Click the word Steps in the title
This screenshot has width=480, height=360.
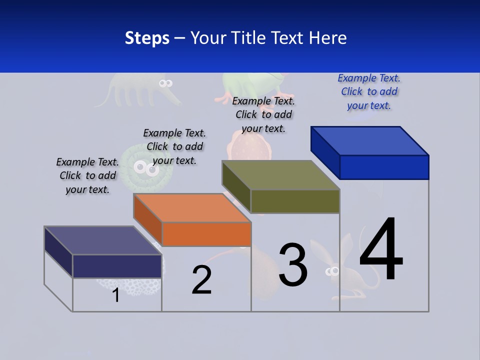[x=147, y=38]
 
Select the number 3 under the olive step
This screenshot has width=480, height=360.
[x=293, y=265]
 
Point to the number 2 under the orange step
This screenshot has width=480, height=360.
[x=202, y=280]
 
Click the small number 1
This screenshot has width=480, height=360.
[x=115, y=295]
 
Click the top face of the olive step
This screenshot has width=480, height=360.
[x=280, y=175]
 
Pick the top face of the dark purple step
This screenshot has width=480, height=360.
[x=102, y=240]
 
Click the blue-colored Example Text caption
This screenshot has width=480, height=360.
[x=369, y=91]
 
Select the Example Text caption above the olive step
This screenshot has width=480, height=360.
[x=263, y=114]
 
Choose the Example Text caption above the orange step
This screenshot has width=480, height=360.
[x=174, y=146]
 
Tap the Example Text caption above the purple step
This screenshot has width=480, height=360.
[x=87, y=175]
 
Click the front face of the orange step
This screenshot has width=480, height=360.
[x=206, y=234]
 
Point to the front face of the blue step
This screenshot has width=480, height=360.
[x=384, y=167]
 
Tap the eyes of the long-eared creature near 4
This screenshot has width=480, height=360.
[x=332, y=271]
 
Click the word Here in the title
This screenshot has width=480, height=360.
[x=328, y=38]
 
